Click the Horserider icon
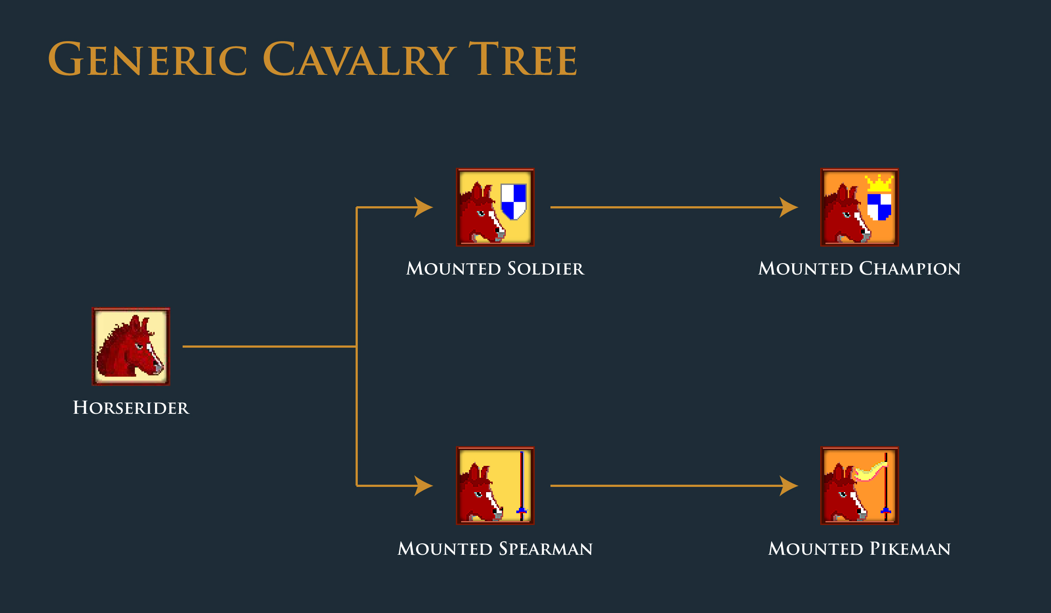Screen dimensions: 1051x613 coord(131,346)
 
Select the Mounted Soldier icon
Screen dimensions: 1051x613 coord(495,207)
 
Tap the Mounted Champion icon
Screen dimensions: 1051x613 coord(860,207)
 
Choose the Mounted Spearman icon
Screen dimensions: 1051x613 coord(495,486)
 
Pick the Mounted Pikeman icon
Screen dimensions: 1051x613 coord(860,486)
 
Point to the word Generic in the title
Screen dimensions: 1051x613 coord(148,59)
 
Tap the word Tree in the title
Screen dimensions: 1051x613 coord(523,59)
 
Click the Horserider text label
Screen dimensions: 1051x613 coord(131,408)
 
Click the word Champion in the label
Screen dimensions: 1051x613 coord(910,268)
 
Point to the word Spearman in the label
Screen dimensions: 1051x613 coord(546,549)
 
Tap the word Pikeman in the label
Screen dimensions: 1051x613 coord(910,549)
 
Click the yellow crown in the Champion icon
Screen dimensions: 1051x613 coord(879,183)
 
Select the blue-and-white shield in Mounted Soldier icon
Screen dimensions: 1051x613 coord(514,201)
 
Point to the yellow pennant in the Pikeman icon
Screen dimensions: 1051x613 coord(870,471)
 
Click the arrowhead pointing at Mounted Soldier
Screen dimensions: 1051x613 coord(423,207)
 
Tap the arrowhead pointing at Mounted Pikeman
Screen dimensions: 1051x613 coord(789,486)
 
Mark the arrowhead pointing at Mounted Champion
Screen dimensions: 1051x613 coord(789,207)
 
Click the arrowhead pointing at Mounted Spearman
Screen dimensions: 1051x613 coord(423,486)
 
